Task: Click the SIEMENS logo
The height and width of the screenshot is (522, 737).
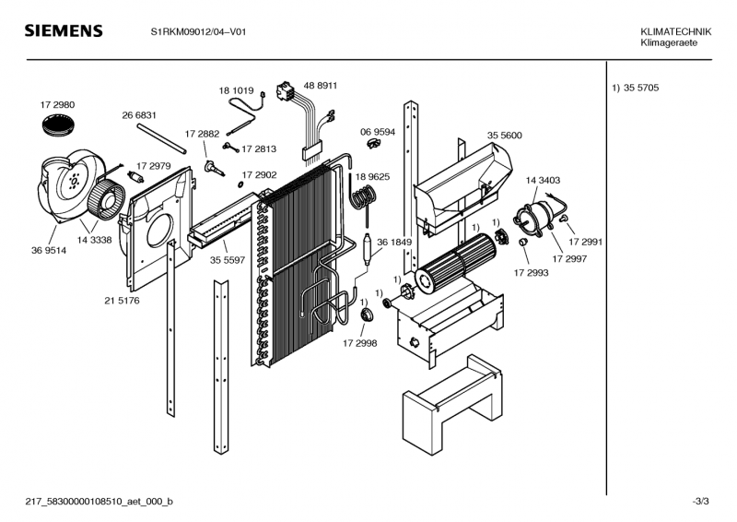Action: [63, 31]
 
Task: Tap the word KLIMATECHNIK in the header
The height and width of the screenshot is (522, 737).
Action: [676, 32]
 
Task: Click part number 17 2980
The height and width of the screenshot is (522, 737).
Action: [57, 105]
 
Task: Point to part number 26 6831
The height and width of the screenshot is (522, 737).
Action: [139, 115]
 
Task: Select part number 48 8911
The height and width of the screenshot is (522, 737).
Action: [321, 85]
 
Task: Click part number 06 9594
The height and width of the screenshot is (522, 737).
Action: [378, 132]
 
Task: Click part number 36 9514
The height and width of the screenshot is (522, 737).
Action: [48, 249]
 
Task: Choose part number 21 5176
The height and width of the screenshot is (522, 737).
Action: [122, 300]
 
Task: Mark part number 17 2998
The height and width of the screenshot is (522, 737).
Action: [360, 342]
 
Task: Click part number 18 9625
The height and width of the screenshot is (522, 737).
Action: [372, 176]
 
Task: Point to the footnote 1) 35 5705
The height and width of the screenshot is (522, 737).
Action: [636, 89]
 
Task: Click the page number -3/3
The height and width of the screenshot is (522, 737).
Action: [700, 501]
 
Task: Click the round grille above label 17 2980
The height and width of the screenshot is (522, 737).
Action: [61, 129]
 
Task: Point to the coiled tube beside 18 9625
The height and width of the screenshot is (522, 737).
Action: [364, 197]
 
